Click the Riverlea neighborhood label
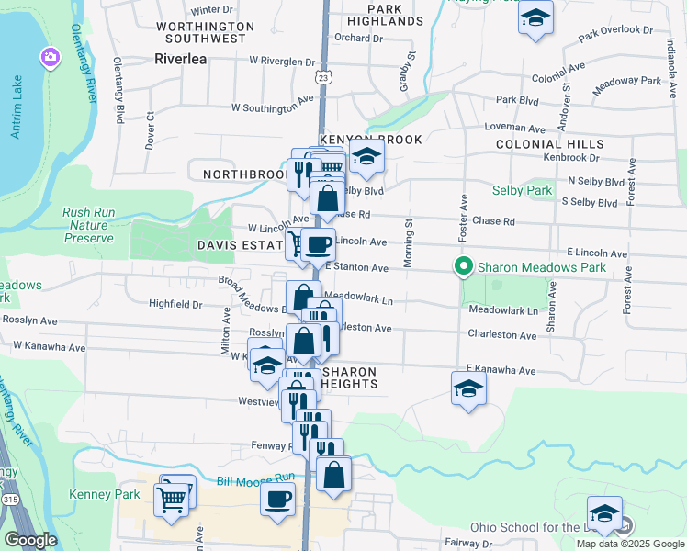click(x=182, y=58)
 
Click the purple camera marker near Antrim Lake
click(x=49, y=58)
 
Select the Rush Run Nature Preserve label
click(x=89, y=225)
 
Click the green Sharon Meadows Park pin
click(x=464, y=267)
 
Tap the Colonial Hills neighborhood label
click(x=549, y=144)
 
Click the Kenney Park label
click(x=96, y=494)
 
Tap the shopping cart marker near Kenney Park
click(x=171, y=500)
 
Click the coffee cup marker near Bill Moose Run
click(x=277, y=499)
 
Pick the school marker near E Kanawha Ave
click(x=467, y=388)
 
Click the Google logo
click(x=30, y=540)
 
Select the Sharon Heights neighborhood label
click(x=348, y=377)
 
